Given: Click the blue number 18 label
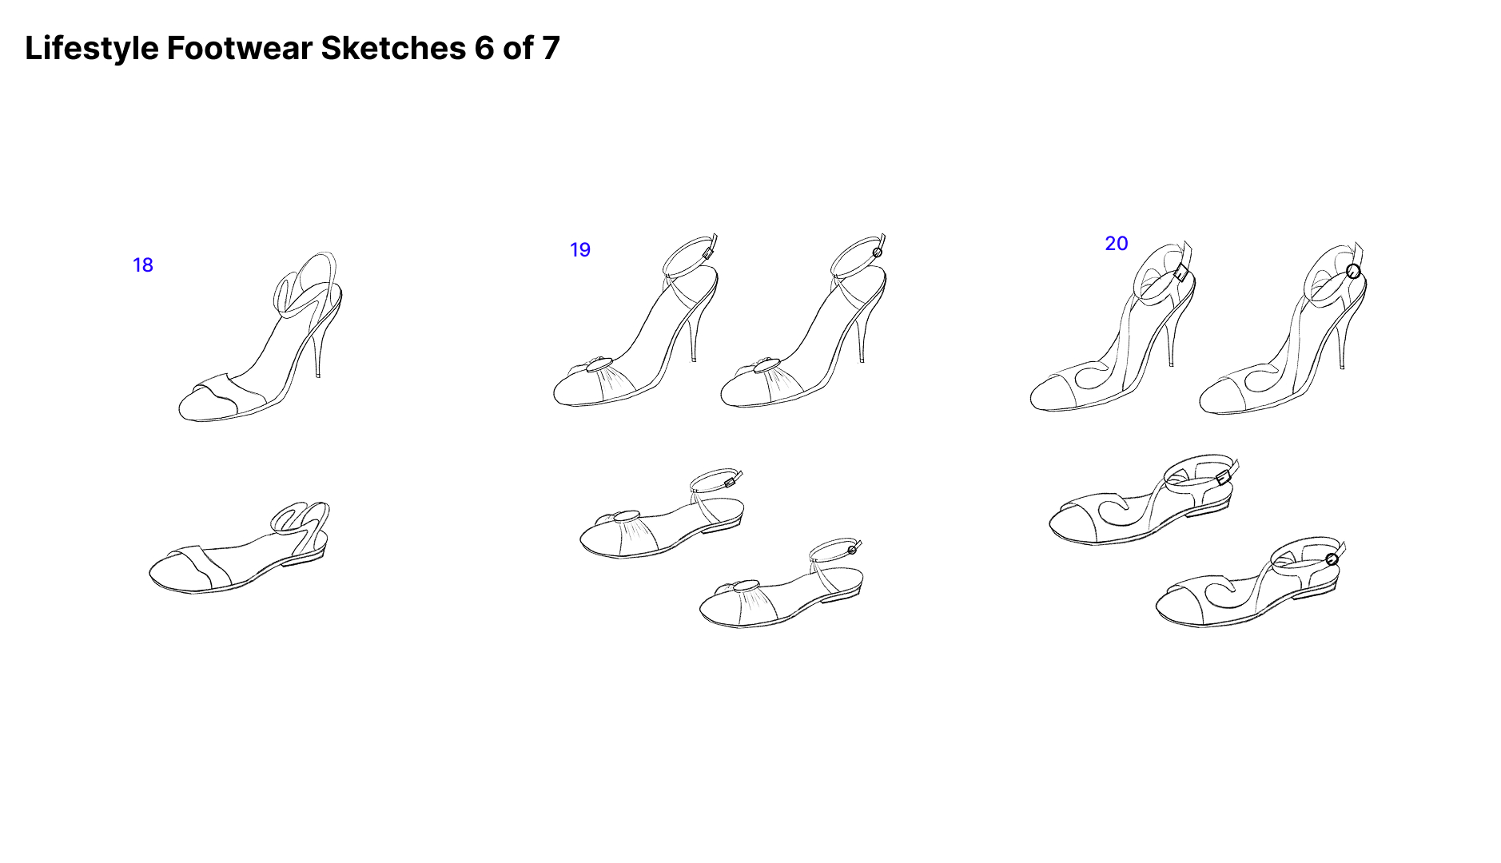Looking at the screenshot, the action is pyautogui.click(x=143, y=265).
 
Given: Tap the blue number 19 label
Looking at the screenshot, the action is pyautogui.click(x=580, y=250).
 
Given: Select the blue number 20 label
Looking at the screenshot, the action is pyautogui.click(x=1117, y=244).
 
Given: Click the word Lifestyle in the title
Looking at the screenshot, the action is pyautogui.click(x=92, y=49).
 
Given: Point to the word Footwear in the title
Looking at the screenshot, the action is pyautogui.click(x=240, y=49).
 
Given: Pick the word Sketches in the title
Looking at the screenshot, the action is pyautogui.click(x=393, y=49).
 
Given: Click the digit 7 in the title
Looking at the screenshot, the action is pyautogui.click(x=551, y=49).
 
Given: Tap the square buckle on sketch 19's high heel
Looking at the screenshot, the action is pyautogui.click(x=707, y=253).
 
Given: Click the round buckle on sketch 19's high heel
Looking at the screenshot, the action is pyautogui.click(x=877, y=253).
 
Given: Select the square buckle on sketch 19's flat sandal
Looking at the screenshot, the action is pyautogui.click(x=730, y=483).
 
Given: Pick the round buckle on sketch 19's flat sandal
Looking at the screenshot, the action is pyautogui.click(x=852, y=549).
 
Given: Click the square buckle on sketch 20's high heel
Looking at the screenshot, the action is pyautogui.click(x=1182, y=274).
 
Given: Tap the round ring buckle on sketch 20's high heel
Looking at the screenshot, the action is pyautogui.click(x=1353, y=272).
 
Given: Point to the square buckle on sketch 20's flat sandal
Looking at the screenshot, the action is pyautogui.click(x=1222, y=478).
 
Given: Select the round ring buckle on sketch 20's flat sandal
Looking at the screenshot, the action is pyautogui.click(x=1332, y=559).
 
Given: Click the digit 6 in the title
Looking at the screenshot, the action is pyautogui.click(x=484, y=49).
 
